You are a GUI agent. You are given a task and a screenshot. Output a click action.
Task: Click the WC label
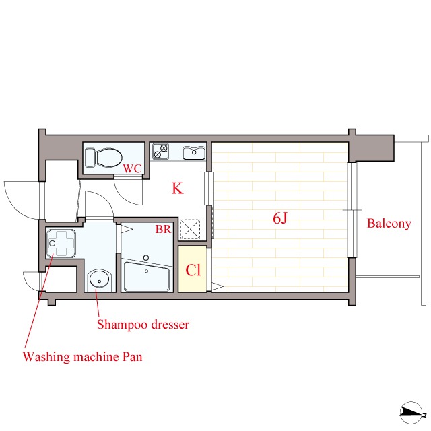[x=132, y=168]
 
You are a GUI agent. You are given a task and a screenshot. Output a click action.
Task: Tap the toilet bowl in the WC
[x=109, y=158]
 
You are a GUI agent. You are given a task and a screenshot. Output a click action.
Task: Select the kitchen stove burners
[x=160, y=151]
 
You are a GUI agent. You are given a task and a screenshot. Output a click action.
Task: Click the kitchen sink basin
[x=194, y=153]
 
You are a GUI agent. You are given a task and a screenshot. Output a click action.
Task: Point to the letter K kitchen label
[x=177, y=189]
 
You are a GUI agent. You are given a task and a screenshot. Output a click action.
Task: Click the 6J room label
[x=280, y=218]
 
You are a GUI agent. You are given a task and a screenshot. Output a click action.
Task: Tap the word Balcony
[x=389, y=224]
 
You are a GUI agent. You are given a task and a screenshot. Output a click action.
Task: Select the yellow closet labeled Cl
[x=193, y=269]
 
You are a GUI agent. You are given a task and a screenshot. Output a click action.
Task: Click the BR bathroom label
[x=163, y=229]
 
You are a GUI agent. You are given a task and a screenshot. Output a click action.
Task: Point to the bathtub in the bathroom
[x=147, y=276]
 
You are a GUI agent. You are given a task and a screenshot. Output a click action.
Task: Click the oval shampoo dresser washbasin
[x=100, y=280]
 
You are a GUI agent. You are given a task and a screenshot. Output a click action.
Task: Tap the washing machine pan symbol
[x=61, y=243]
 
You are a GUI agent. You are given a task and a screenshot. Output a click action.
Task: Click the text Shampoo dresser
[x=143, y=325]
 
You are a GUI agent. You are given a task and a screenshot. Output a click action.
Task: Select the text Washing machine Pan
[x=82, y=357]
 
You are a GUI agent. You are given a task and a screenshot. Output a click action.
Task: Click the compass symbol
[x=411, y=412]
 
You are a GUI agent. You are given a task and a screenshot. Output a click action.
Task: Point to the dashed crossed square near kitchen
[x=190, y=229]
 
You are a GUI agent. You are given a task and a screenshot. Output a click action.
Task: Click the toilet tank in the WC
[x=90, y=158]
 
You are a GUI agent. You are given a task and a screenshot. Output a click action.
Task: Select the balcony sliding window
[x=352, y=210]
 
